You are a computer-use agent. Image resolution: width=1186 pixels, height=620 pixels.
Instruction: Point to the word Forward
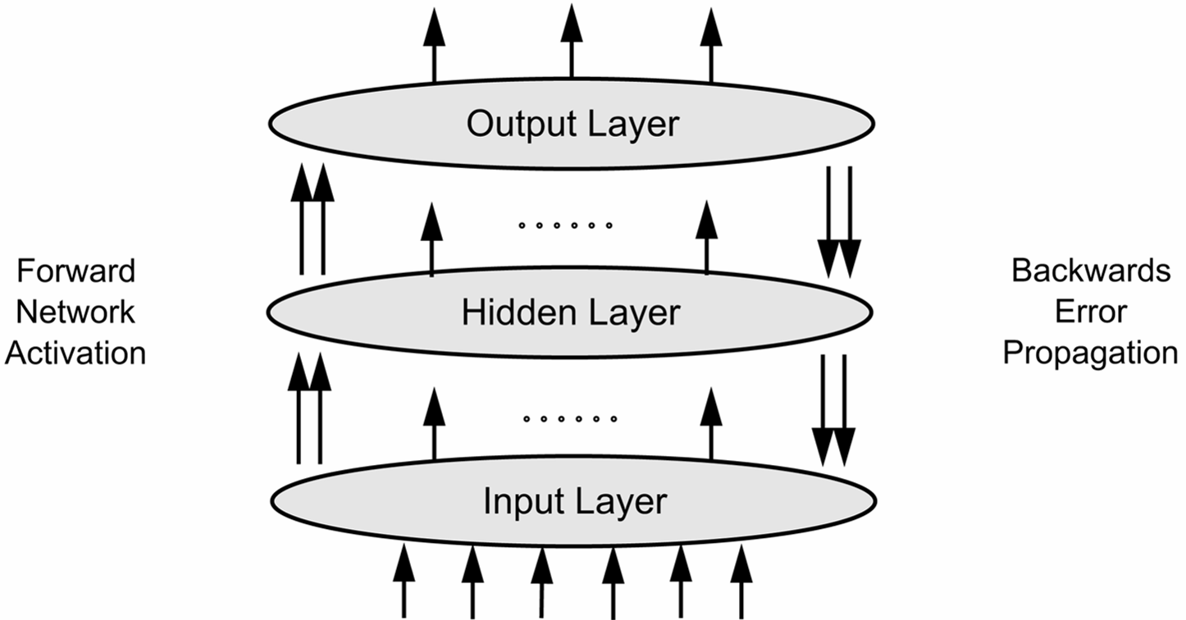point(75,271)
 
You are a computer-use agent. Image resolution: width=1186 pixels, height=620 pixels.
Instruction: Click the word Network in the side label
point(75,312)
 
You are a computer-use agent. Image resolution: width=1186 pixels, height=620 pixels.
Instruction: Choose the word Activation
point(75,353)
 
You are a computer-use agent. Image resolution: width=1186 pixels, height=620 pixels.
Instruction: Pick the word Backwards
point(1091,271)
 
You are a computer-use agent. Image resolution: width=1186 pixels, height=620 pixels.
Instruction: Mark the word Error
point(1091,312)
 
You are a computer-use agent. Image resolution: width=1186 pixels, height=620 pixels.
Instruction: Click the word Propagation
point(1091,353)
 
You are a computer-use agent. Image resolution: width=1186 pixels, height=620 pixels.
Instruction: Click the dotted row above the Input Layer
point(570,419)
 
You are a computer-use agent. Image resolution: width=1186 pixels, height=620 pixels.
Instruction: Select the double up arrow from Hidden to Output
point(312,219)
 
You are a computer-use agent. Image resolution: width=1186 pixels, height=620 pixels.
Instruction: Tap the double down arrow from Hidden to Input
point(832,410)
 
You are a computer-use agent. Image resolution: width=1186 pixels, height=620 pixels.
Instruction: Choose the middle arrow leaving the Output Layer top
point(572,41)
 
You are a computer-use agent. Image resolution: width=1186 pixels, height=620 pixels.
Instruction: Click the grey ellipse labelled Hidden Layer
point(369,313)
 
